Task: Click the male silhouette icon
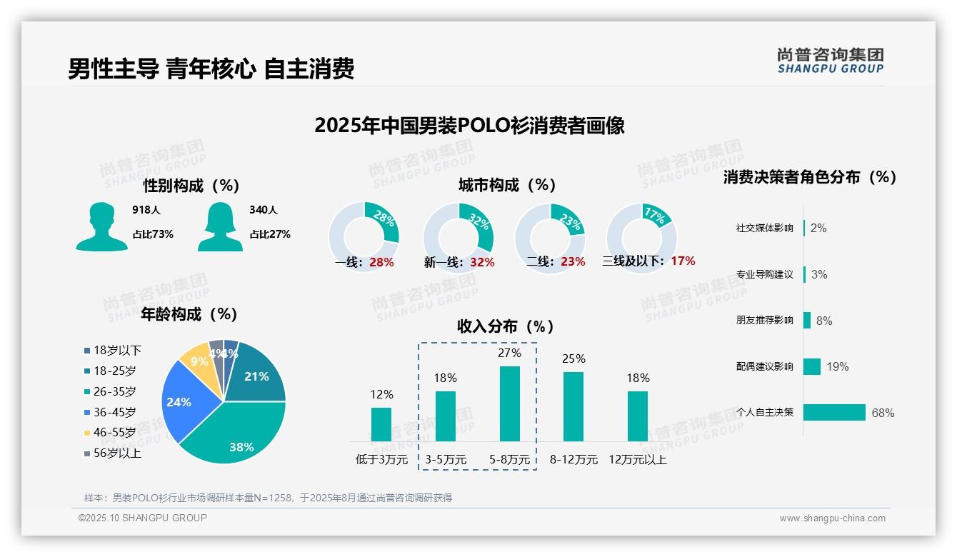(101, 226)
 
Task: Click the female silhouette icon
(220, 226)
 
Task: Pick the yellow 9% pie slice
(195, 361)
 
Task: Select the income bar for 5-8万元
(509, 403)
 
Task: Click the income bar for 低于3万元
(381, 424)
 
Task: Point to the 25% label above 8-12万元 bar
(573, 358)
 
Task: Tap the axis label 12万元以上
(638, 460)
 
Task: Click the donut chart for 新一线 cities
(458, 237)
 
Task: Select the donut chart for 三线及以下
(641, 237)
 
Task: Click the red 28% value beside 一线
(381, 262)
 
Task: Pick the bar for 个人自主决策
(834, 412)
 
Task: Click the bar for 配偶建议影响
(812, 366)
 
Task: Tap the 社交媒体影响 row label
(764, 229)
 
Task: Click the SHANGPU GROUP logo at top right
(830, 61)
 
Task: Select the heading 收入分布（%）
(506, 326)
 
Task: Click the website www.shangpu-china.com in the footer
(832, 518)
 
